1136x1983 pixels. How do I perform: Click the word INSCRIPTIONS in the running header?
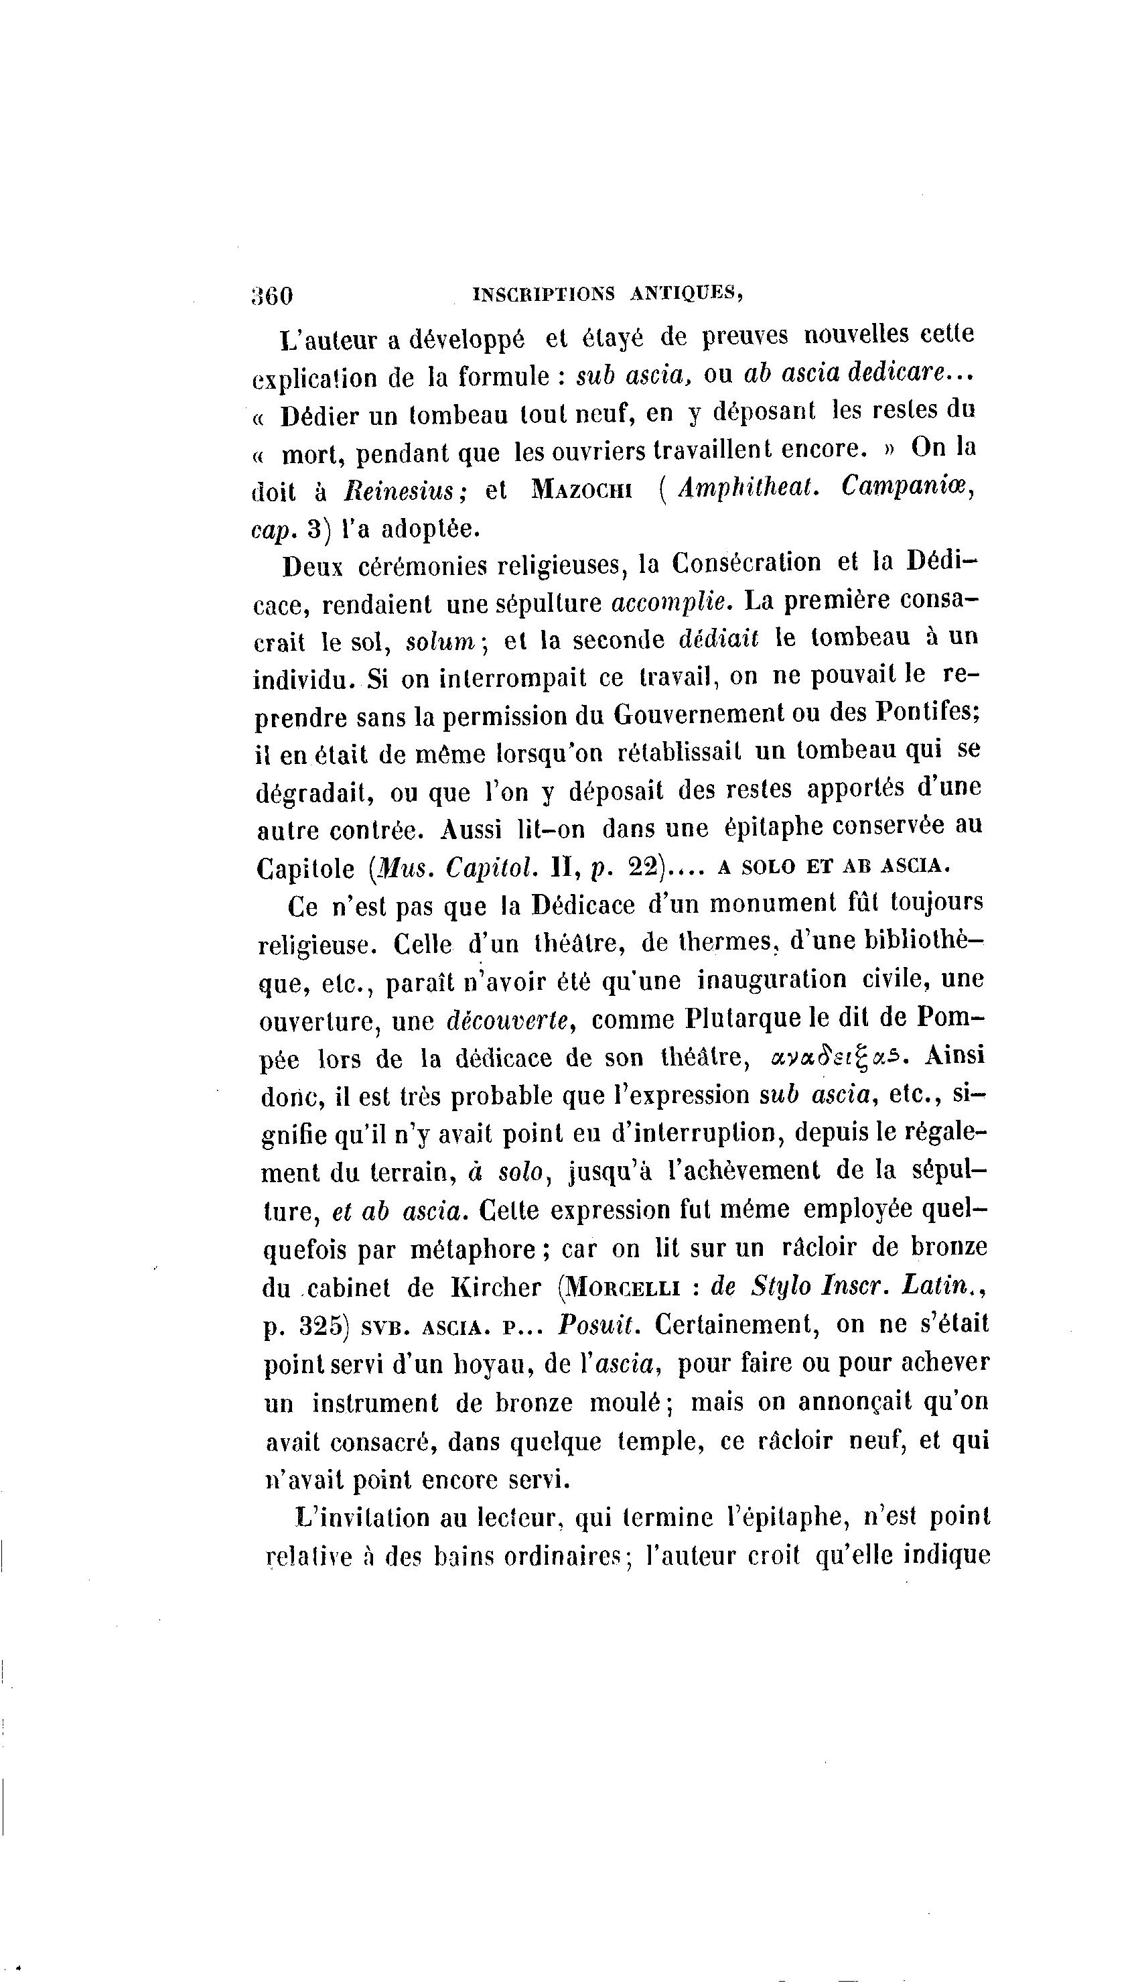[544, 294]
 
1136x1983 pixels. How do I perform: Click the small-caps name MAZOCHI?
[583, 490]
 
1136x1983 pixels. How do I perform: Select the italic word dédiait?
[719, 639]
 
